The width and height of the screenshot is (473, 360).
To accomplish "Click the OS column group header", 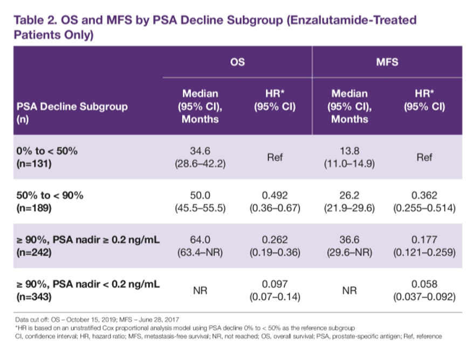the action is (x=237, y=62).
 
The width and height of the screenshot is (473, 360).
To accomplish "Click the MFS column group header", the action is (x=387, y=62).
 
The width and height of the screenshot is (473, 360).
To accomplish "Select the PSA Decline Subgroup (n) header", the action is (x=72, y=113).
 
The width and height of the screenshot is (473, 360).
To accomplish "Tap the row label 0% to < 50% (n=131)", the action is (x=47, y=157).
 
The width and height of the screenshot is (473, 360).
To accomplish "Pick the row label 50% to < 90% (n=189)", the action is (x=50, y=202).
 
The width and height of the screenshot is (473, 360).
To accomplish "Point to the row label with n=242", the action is (x=88, y=246).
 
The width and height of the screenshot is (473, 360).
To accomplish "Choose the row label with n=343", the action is (x=88, y=290).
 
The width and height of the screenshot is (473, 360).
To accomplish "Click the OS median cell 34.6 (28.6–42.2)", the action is (x=200, y=157).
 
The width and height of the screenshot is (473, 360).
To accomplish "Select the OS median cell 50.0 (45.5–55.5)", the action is (x=200, y=202).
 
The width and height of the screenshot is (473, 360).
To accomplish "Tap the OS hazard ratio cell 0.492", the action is (x=275, y=202).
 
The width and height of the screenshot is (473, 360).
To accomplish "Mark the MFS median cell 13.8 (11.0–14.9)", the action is (x=349, y=157).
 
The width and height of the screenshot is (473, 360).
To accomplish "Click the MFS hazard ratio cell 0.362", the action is (x=424, y=202).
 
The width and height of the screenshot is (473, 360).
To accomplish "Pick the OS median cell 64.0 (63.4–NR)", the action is (x=200, y=246).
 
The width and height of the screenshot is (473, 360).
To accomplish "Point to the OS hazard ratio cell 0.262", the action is (x=275, y=246).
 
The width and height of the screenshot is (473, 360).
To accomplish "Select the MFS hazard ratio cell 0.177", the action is (x=424, y=246).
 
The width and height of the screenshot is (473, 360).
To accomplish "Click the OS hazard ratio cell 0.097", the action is (x=275, y=290).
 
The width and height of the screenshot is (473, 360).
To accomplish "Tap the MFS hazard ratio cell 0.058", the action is (x=424, y=290).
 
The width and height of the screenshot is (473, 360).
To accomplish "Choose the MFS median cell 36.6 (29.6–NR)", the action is (x=349, y=246).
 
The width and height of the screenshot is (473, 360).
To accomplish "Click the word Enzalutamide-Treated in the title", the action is (x=352, y=20).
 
